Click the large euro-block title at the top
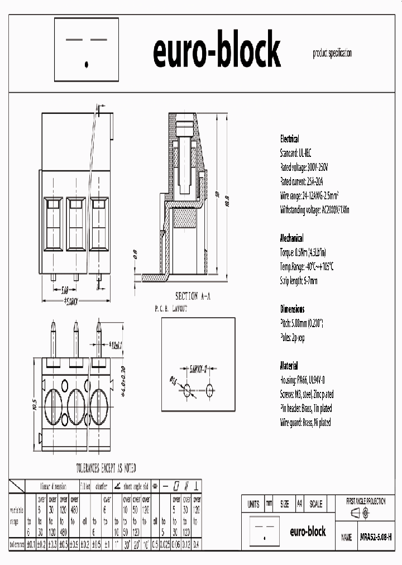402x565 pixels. pos(216,51)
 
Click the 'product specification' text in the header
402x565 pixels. pos(332,53)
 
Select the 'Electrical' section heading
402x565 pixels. pos(289,139)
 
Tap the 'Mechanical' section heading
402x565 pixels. pos(291,237)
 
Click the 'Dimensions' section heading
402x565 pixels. pos(292,309)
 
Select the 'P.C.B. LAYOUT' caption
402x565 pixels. pos(171,308)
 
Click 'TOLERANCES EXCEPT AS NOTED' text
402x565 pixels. pos(106,468)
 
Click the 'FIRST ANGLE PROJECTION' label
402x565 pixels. pos(366,501)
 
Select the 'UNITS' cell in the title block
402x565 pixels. pos(253,504)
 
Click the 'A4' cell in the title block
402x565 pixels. pos(299,504)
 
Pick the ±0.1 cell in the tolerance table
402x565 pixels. pos(31,544)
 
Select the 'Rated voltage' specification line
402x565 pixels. pos(304,167)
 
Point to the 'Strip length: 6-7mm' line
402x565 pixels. pos(299,280)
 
